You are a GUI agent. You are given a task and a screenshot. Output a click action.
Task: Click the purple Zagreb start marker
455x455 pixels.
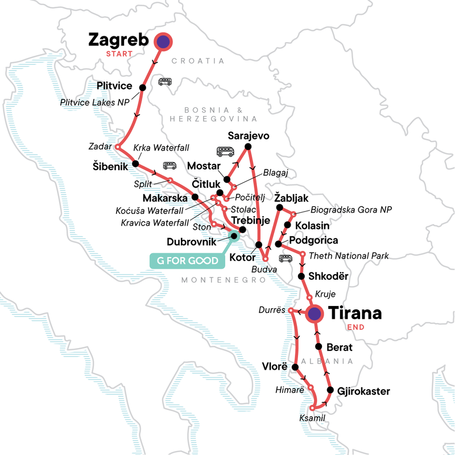coord(163,40)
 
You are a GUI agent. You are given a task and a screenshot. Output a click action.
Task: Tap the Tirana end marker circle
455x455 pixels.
coord(315,313)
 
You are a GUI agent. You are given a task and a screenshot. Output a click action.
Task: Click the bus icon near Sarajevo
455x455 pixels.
coord(226,151)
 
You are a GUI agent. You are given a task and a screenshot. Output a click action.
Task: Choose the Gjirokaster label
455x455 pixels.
coord(364,391)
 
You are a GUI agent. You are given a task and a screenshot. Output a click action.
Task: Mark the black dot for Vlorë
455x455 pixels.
coord(295,367)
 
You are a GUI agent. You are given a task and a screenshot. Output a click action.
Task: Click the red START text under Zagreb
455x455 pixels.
coord(119,54)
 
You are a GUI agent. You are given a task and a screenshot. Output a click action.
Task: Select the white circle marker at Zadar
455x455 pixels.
coord(118,147)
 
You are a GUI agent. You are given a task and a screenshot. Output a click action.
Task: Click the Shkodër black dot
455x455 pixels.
coord(301,276)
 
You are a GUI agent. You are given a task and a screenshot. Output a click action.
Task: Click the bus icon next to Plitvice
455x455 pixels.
coord(165,82)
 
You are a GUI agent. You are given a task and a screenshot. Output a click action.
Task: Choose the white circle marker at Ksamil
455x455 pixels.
coord(312,408)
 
